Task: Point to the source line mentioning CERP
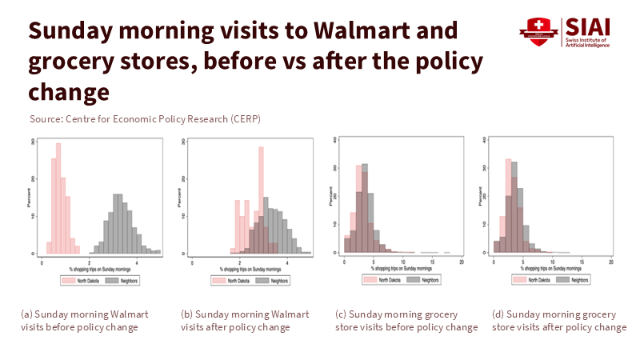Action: [x=145, y=119]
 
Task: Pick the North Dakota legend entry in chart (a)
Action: [x=78, y=281]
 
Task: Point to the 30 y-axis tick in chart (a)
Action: [x=33, y=142]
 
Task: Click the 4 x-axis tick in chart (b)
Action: [x=287, y=261]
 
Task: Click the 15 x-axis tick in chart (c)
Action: [x=433, y=262]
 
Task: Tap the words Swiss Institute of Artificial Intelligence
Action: [x=590, y=42]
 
